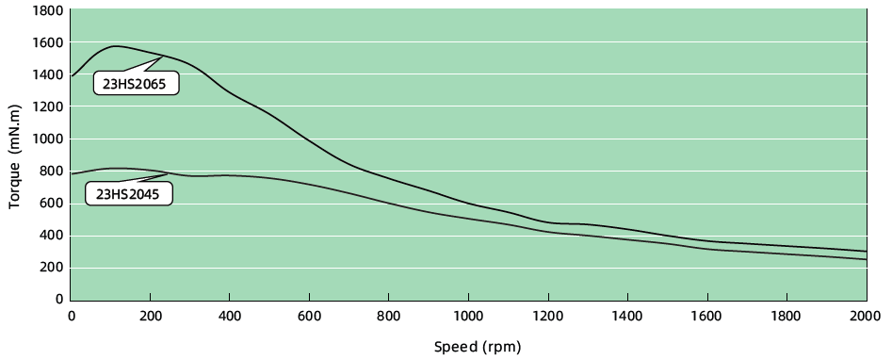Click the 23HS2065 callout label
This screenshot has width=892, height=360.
coord(137,83)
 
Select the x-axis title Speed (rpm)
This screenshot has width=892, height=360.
coord(476,346)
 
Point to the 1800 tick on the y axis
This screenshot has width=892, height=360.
coord(47,11)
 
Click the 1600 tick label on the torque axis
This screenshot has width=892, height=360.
coord(47,43)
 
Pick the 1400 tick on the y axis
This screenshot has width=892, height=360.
coord(47,75)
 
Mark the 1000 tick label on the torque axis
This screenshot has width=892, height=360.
coord(47,139)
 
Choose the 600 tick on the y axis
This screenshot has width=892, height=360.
coord(51,204)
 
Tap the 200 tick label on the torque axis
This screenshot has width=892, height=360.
coord(51,268)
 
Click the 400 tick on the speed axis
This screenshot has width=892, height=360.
coord(230,316)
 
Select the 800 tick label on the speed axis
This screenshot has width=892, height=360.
coord(389,316)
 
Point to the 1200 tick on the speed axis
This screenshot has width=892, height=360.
coord(548,316)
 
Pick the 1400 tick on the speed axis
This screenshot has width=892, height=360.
coord(627,316)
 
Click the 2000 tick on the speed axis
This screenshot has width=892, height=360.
coord(866,316)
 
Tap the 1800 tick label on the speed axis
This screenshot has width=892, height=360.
coord(787,316)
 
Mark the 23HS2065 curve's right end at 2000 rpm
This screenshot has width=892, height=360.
coord(866,252)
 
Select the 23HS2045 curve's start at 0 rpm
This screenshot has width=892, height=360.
coord(72,174)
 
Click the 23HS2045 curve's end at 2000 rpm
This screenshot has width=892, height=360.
coord(866,259)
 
